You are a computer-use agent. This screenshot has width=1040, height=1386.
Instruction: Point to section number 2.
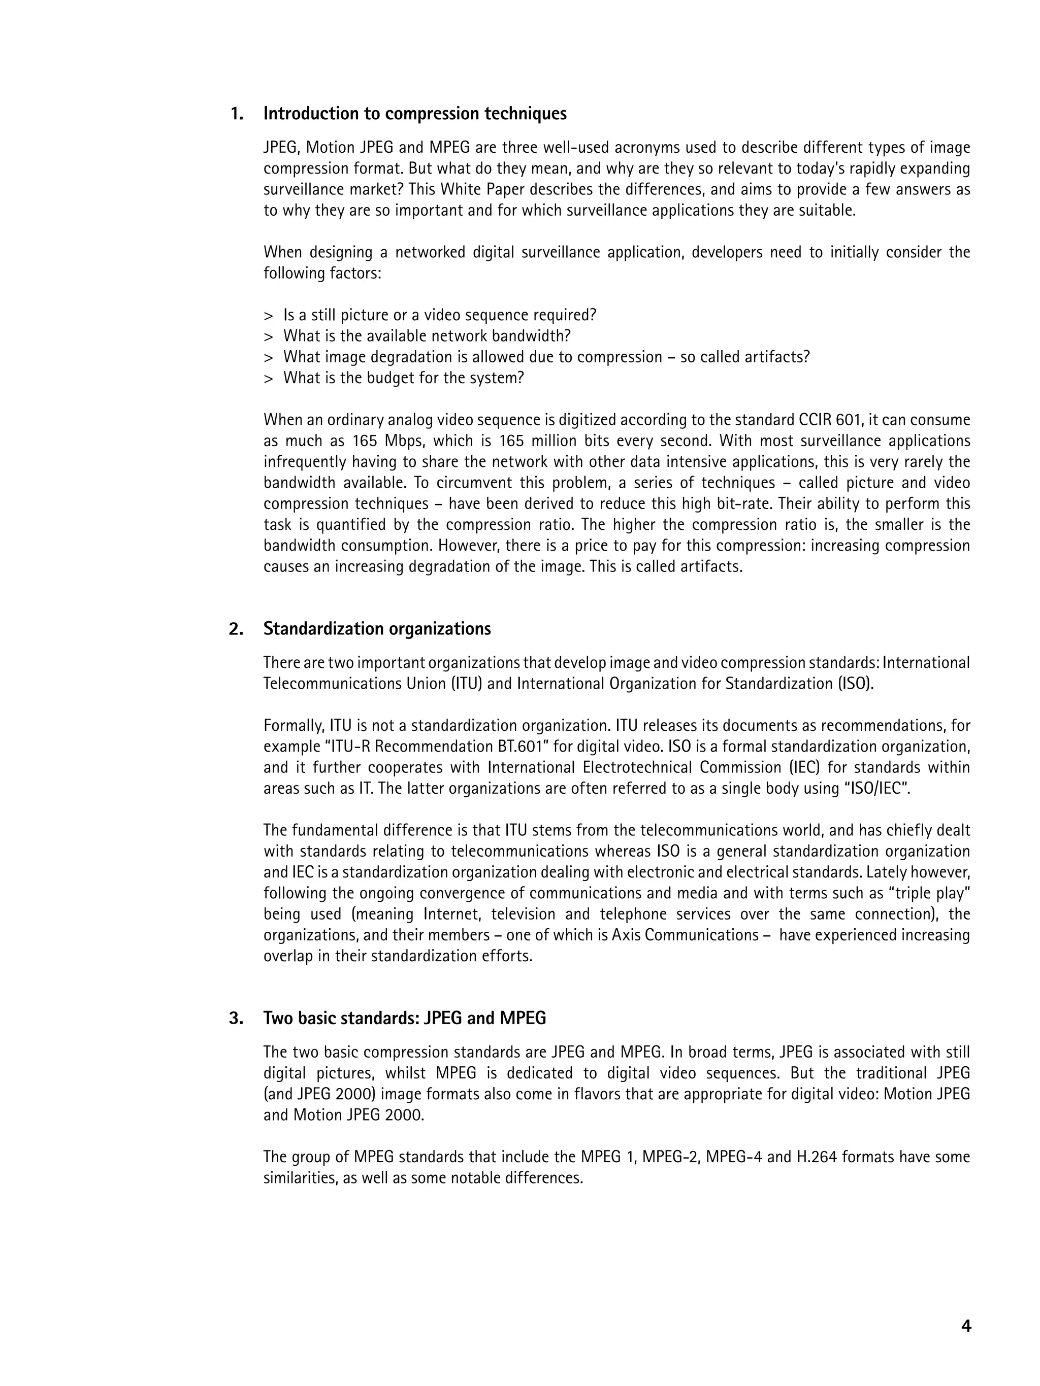click(236, 629)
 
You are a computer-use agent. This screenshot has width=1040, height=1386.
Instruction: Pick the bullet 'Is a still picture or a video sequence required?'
click(439, 315)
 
